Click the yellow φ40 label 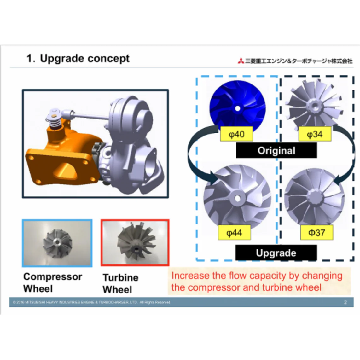pos(236,134)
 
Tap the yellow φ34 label pos(315,134)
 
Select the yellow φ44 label pos(234,233)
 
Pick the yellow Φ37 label pos(316,233)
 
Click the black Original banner pos(276,151)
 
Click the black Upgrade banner pos(276,253)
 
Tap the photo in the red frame pos(135,243)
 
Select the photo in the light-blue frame pos(57,243)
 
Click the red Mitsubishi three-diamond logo pos(241,61)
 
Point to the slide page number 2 pos(345,302)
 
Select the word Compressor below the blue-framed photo pos(53,277)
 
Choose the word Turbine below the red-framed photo pos(120,278)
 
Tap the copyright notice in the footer pos(92,302)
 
